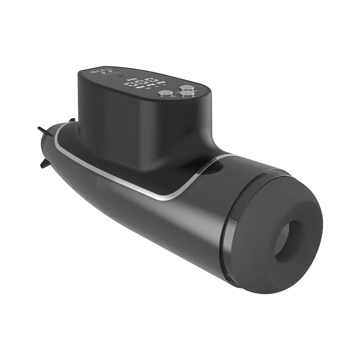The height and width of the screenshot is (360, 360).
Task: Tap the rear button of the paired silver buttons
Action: point(187,87)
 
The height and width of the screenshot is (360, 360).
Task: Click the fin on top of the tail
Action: point(72,120)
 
